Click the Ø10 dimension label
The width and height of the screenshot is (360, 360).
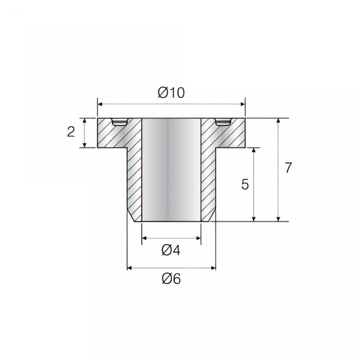[x=171, y=93]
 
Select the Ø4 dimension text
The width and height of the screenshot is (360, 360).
[x=171, y=250]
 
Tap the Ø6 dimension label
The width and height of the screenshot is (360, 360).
[x=171, y=279]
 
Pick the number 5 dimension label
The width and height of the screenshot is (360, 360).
[x=245, y=184]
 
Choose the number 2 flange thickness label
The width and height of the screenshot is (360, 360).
[x=71, y=132]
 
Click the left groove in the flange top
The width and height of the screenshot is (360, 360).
[x=119, y=122]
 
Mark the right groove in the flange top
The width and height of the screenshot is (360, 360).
[x=223, y=122]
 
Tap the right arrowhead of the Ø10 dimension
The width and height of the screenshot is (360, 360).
[x=243, y=104]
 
